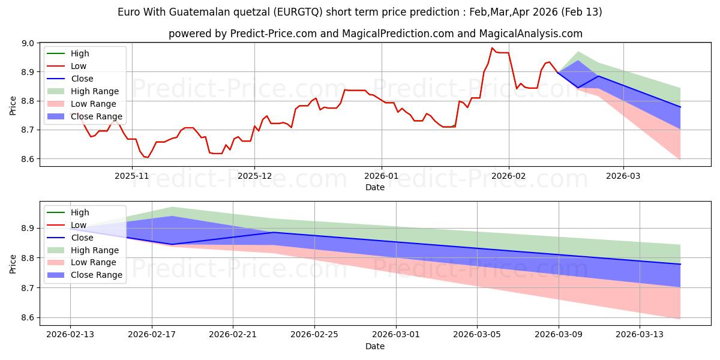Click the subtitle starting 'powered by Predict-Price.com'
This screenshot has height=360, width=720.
375,34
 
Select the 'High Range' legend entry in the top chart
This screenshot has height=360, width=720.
94,91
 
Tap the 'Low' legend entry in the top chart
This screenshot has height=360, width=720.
79,66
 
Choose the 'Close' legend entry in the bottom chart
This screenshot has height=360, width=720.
82,238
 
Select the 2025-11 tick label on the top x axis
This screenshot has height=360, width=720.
131,176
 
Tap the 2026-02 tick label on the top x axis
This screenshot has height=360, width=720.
509,176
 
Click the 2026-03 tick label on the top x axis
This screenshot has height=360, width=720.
623,176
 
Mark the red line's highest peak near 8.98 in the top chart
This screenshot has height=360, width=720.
493,48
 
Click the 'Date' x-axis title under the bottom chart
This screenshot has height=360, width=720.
375,346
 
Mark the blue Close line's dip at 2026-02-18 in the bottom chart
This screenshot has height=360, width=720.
172,244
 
